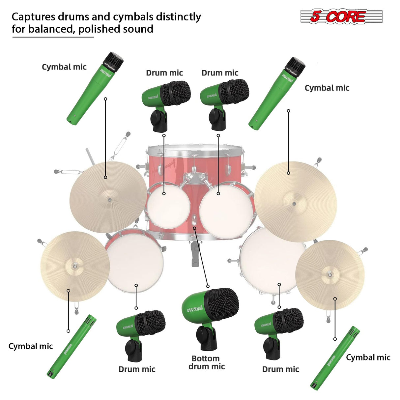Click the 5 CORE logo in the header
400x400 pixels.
click(x=341, y=16)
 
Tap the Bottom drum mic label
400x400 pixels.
click(x=206, y=362)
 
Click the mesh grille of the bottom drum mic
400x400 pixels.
click(x=222, y=304)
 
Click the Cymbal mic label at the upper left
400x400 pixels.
click(x=64, y=67)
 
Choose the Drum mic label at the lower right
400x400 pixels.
click(x=280, y=369)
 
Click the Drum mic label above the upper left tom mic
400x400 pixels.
click(x=164, y=73)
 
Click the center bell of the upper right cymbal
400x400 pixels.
click(x=294, y=203)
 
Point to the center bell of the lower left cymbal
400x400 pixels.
click(x=75, y=266)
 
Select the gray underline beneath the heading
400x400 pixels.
click(x=53, y=37)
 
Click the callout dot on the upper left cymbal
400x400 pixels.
click(x=105, y=177)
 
